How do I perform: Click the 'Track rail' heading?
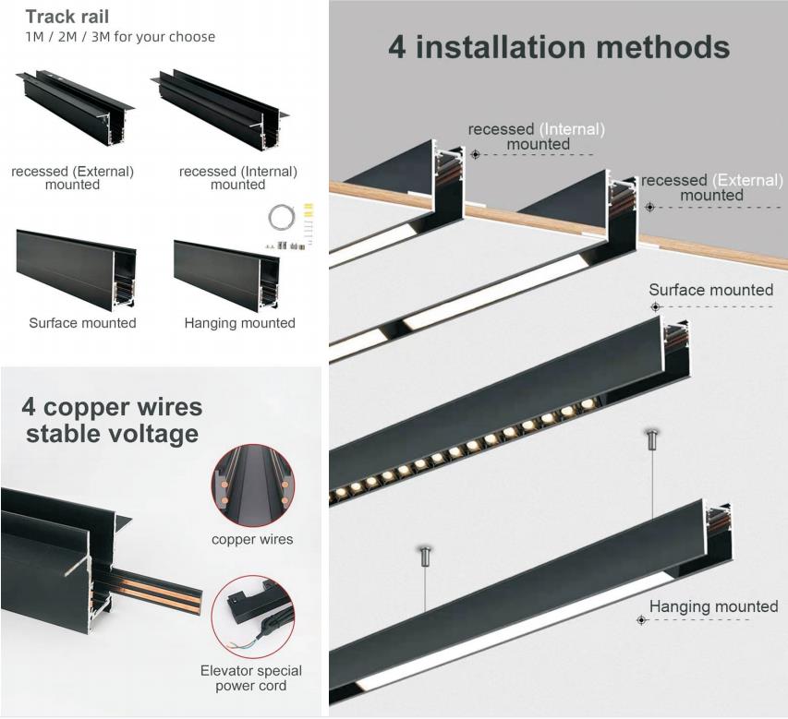pyautogui.click(x=67, y=17)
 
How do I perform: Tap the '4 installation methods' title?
pyautogui.click(x=559, y=47)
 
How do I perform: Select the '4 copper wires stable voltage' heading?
pyautogui.click(x=112, y=421)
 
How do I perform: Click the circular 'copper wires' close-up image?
pyautogui.click(x=253, y=485)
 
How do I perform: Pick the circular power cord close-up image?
pyautogui.click(x=253, y=617)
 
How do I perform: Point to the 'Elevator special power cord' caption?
pyautogui.click(x=250, y=678)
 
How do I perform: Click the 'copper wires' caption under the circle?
pyautogui.click(x=252, y=539)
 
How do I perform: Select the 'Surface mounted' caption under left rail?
pyautogui.click(x=82, y=323)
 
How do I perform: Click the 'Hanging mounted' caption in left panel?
pyautogui.click(x=239, y=323)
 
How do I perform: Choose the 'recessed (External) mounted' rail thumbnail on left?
pyautogui.click(x=76, y=107)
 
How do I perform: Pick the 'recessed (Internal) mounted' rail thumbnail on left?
pyautogui.click(x=221, y=108)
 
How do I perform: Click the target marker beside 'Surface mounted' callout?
pyautogui.click(x=655, y=306)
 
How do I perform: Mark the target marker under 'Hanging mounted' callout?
pyautogui.click(x=641, y=620)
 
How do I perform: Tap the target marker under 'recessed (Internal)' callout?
pyautogui.click(x=476, y=154)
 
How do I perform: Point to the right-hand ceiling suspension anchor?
pyautogui.click(x=652, y=439)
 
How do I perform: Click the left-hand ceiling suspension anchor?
pyautogui.click(x=425, y=556)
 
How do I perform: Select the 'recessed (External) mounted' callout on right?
pyautogui.click(x=711, y=187)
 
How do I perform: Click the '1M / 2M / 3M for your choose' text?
pyautogui.click(x=120, y=37)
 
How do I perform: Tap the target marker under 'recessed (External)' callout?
pyautogui.click(x=649, y=207)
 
